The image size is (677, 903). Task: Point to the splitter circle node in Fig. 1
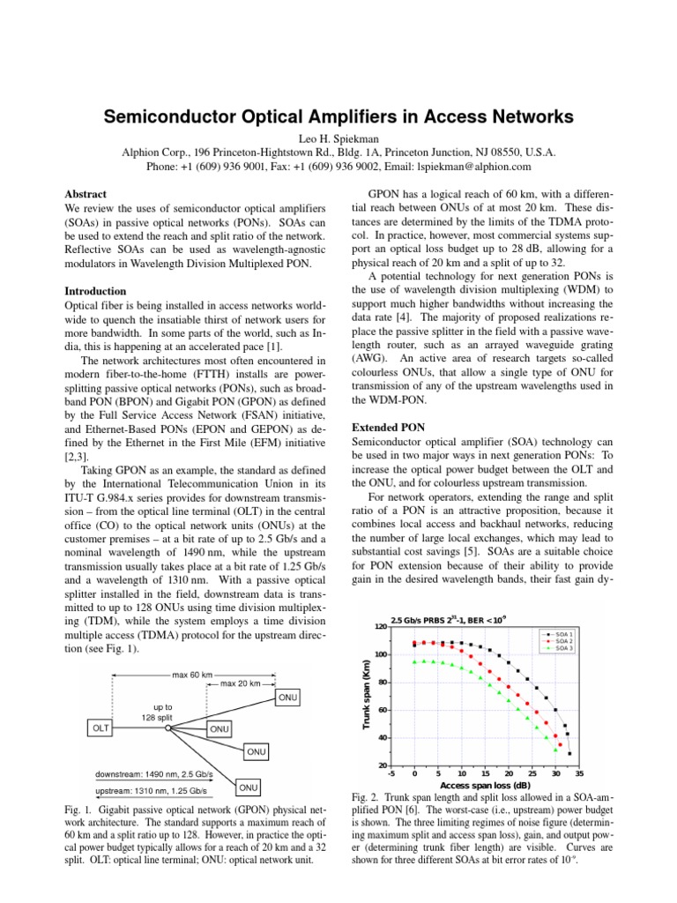click(x=167, y=728)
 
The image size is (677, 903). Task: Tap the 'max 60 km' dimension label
click(x=192, y=675)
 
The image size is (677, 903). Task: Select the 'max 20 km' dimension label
click(x=241, y=683)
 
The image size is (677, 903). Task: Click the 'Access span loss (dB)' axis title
click(x=485, y=784)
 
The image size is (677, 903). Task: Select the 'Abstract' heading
click(x=86, y=193)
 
